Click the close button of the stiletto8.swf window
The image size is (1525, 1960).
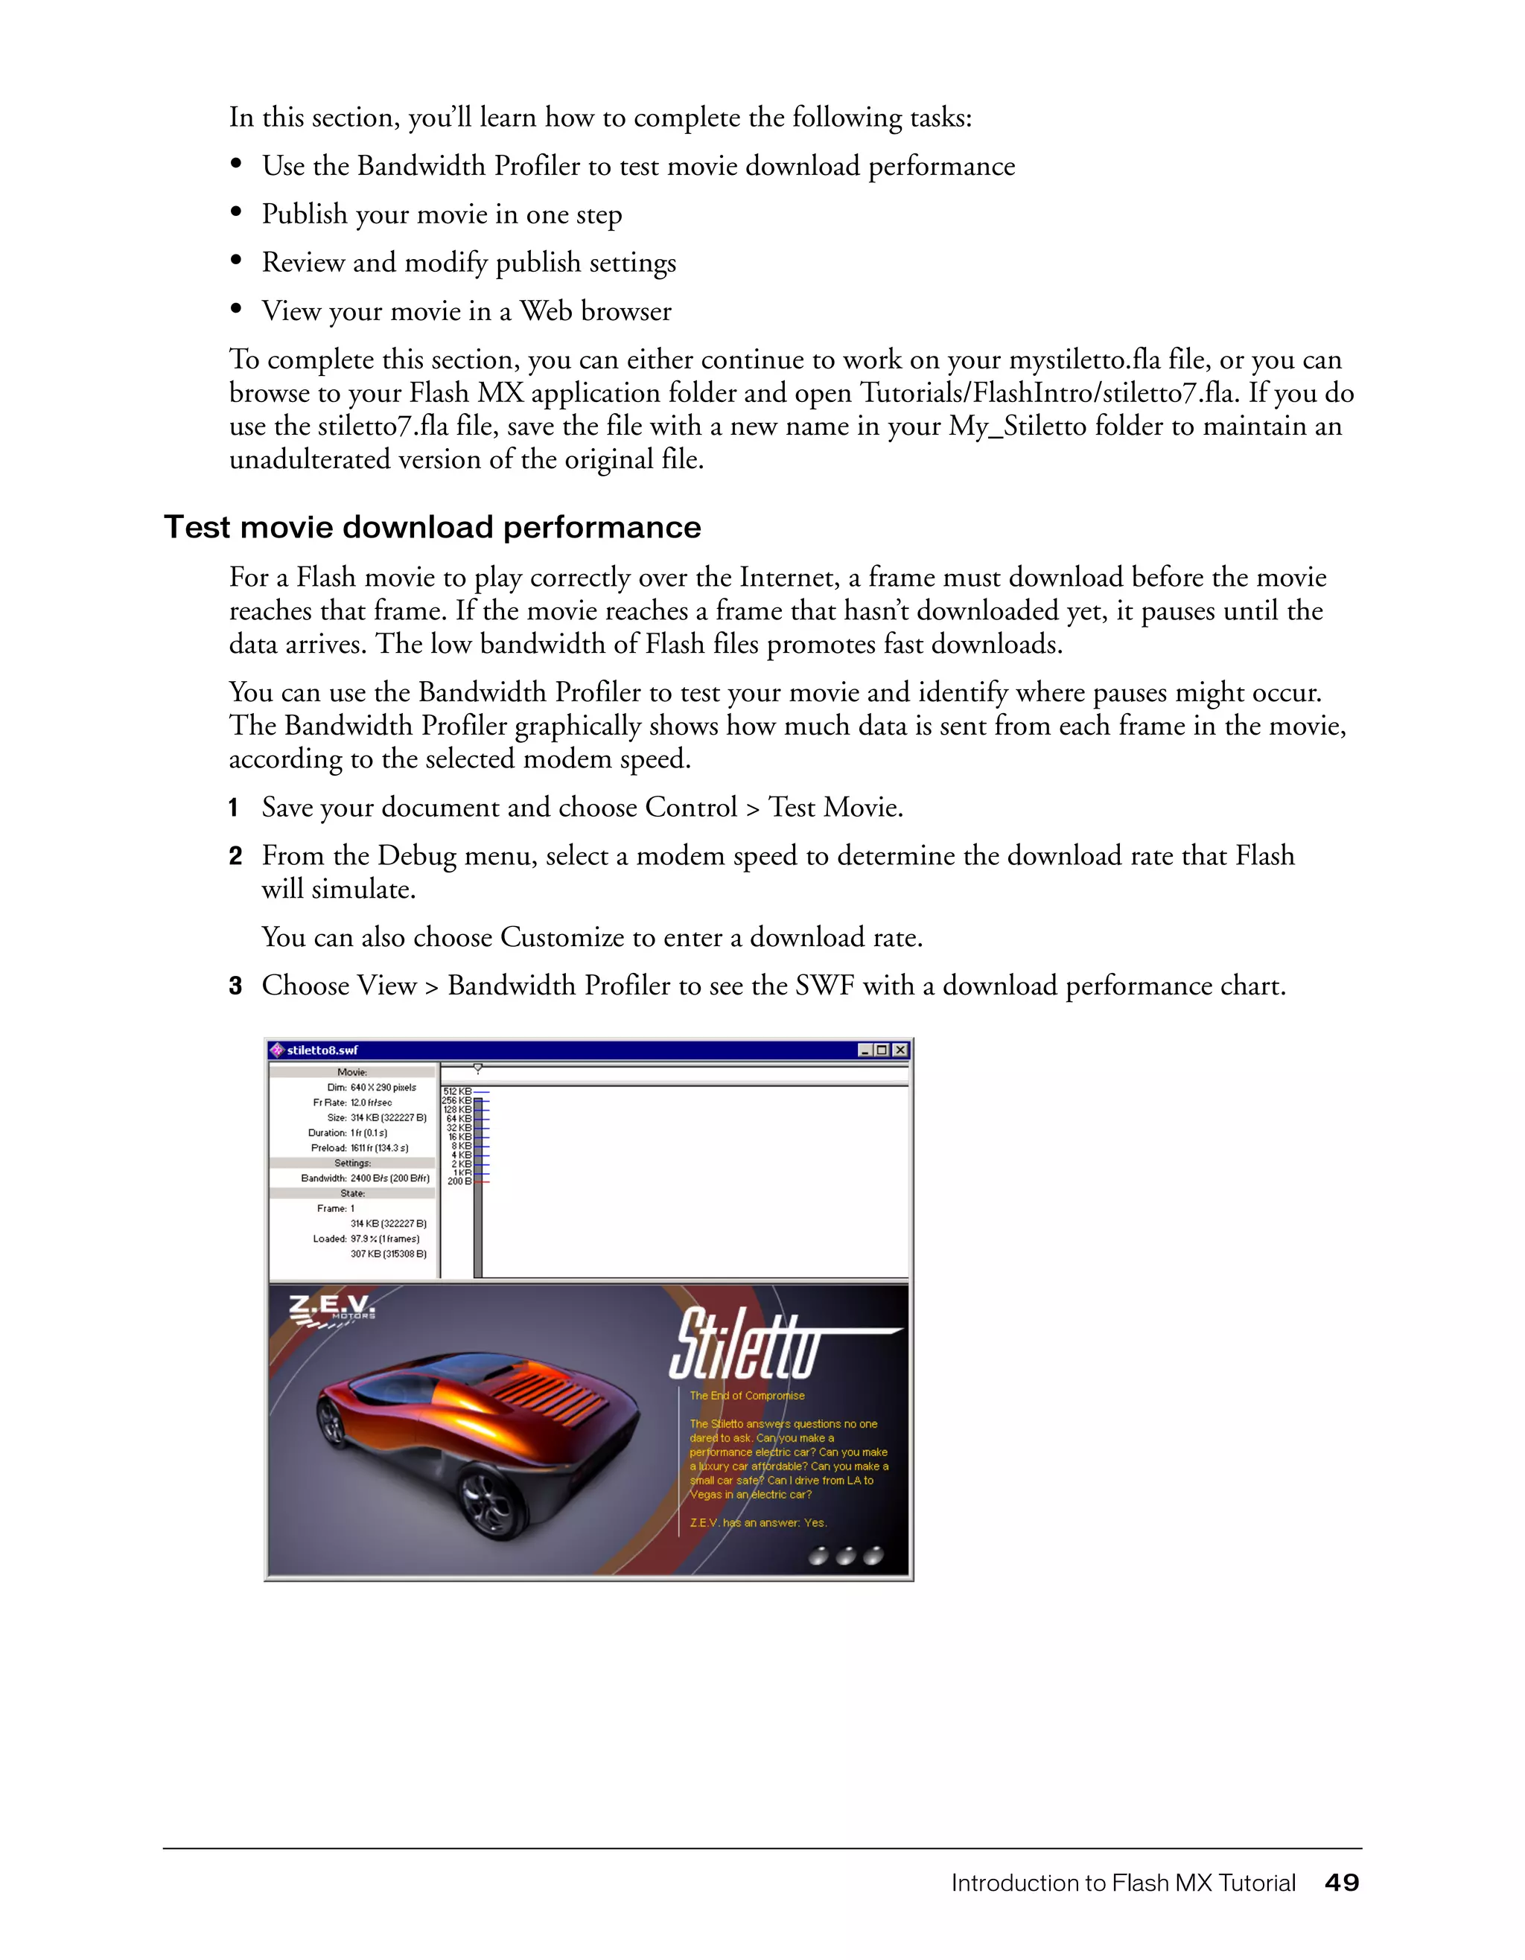tap(900, 1050)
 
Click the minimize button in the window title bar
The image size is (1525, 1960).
tap(865, 1050)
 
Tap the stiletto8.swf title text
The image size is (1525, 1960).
tap(322, 1050)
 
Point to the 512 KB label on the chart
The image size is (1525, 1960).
tap(458, 1091)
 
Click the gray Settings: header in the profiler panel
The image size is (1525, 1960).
tap(352, 1163)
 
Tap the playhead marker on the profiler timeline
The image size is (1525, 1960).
tap(478, 1068)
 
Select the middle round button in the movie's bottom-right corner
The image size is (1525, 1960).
tap(846, 1555)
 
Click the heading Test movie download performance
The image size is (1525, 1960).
tap(432, 527)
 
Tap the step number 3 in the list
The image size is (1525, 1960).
tap(235, 986)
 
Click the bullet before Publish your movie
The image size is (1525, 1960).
tap(237, 213)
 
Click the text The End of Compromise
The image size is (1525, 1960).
tap(747, 1396)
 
